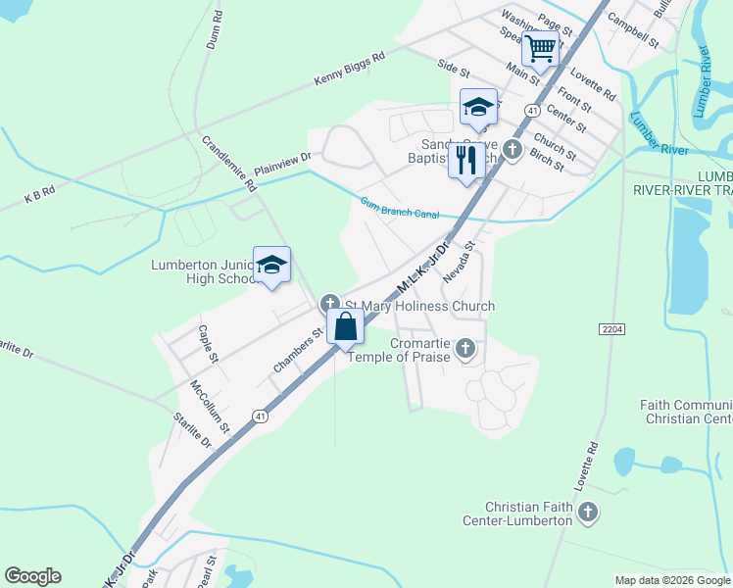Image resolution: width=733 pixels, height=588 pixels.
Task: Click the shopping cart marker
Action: pos(541,47)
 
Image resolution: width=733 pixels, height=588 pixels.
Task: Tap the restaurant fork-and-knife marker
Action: pos(466,160)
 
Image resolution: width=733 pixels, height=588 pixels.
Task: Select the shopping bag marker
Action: pos(346,326)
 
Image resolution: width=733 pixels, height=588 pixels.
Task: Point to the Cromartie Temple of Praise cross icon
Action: pos(467,348)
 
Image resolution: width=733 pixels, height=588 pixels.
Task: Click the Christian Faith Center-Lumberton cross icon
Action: pos(588,511)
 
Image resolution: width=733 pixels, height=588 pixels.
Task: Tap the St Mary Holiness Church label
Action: pos(419,306)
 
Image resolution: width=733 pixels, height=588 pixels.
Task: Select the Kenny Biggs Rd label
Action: pos(349,70)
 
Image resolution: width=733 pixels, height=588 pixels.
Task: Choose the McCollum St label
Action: pos(210,407)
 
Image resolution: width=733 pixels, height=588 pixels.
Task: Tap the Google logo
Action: pos(32,576)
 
